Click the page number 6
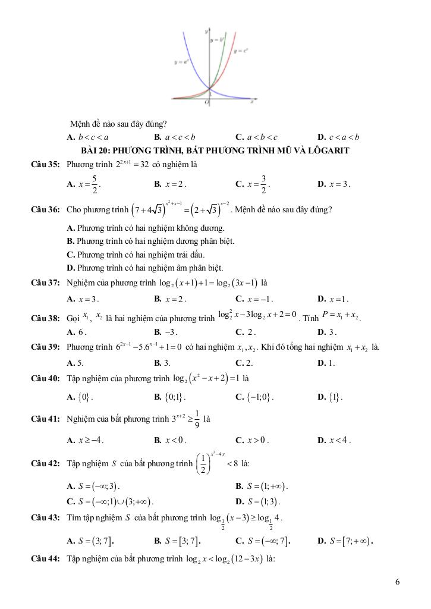click(397, 582)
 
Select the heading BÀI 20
click(215, 150)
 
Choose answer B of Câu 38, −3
click(166, 332)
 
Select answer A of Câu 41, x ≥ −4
click(86, 441)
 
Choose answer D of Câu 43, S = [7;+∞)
click(345, 541)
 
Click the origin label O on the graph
click(206, 102)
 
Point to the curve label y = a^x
click(182, 61)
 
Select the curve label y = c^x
click(241, 51)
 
